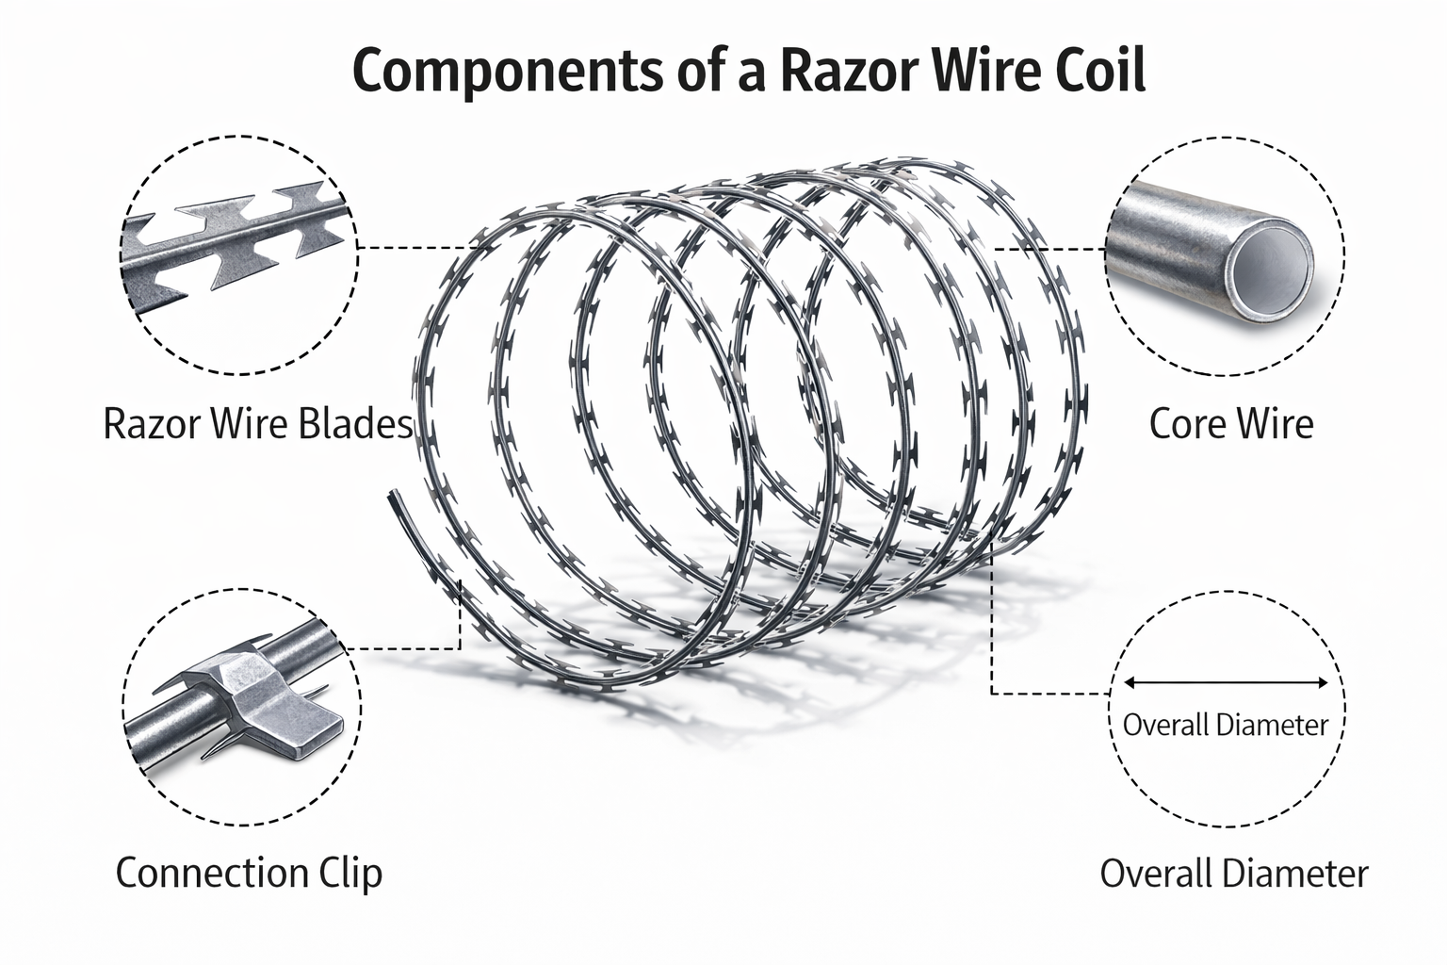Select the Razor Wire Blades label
[257, 424]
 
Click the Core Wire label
[1230, 424]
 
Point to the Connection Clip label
[249, 873]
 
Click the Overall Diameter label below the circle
[1233, 874]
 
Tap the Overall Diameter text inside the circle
[1225, 725]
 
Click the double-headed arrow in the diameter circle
[1226, 683]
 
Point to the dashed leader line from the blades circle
[415, 248]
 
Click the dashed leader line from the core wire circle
[1050, 250]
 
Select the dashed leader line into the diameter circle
[1046, 694]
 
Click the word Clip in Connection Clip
[350, 873]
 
